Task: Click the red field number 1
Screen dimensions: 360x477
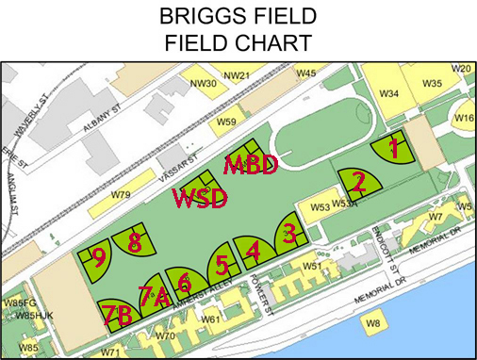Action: coord(396,148)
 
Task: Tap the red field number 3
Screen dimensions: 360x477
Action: coord(290,231)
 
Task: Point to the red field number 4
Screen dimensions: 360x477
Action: coord(252,250)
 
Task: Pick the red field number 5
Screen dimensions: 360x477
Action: coord(221,265)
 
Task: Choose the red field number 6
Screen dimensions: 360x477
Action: coord(185,282)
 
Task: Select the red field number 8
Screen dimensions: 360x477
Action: coord(134,242)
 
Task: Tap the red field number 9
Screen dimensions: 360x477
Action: coord(98,257)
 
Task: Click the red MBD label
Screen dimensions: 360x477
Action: coord(251,165)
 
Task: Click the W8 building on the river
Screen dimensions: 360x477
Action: coord(373,323)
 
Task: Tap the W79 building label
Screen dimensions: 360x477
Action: coord(121,195)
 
